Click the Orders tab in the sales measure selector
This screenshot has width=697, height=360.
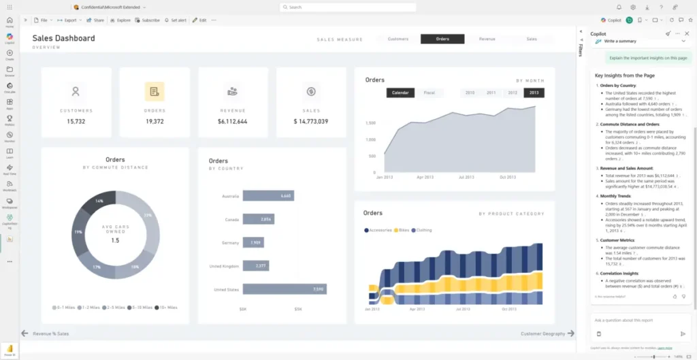click(x=442, y=39)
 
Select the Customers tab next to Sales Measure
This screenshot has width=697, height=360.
click(x=398, y=39)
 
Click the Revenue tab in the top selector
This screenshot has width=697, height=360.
click(x=487, y=39)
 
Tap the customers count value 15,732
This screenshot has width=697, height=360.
click(x=76, y=121)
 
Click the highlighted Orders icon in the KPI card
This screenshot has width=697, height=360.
click(x=155, y=91)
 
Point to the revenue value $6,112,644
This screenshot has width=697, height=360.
click(x=233, y=121)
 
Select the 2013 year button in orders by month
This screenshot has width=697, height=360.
click(x=533, y=93)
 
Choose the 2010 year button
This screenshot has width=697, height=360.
click(x=470, y=93)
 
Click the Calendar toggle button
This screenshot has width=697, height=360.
click(x=400, y=93)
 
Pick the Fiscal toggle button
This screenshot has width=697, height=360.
click(x=429, y=93)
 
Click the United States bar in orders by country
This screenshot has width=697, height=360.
click(x=284, y=289)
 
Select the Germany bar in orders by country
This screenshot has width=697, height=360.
click(x=253, y=242)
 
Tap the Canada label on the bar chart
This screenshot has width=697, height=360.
click(x=231, y=220)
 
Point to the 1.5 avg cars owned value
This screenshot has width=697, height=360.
click(x=115, y=241)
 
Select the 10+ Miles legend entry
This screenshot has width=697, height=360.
click(x=166, y=308)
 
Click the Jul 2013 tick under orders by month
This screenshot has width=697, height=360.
click(x=466, y=177)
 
